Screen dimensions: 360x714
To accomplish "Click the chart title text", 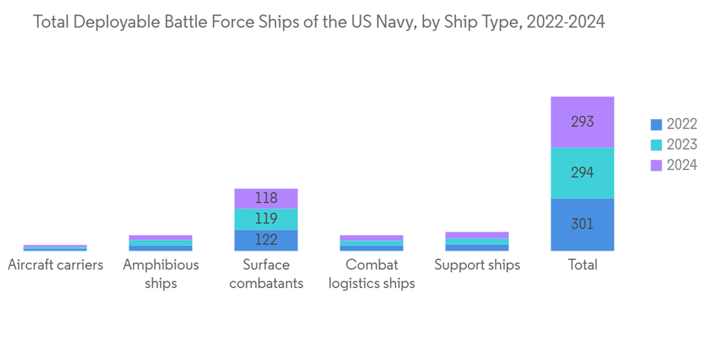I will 319,22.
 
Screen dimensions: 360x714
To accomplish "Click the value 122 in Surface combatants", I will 266,241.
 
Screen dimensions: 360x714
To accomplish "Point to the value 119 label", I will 266,219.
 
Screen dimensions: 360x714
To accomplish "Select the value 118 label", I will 266,199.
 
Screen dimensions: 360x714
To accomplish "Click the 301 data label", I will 583,224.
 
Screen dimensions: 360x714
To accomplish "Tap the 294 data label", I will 583,173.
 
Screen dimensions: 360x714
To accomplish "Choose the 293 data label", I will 583,121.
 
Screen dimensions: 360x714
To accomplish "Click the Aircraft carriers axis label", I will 55,265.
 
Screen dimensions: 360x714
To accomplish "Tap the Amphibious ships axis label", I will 161,274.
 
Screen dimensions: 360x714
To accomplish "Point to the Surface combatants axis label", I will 266,274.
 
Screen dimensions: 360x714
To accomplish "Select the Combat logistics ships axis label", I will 371,274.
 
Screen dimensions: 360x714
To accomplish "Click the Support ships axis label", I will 477,265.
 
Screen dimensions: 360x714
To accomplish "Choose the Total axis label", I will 583,265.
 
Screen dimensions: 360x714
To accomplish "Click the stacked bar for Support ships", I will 477,241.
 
